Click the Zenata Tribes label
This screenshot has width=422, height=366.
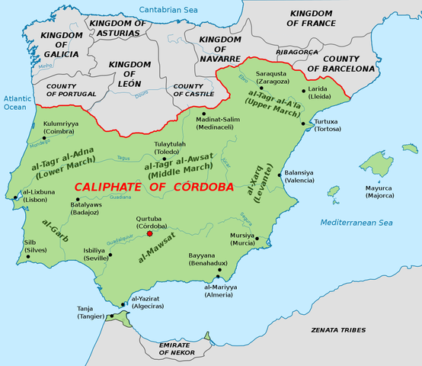[338, 330]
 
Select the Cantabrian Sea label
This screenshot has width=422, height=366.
[177, 9]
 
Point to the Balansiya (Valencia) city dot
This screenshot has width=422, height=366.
[280, 175]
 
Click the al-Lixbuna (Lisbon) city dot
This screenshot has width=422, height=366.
[17, 199]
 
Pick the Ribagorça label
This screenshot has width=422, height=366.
[302, 52]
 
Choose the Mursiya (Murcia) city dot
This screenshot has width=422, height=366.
[257, 239]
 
